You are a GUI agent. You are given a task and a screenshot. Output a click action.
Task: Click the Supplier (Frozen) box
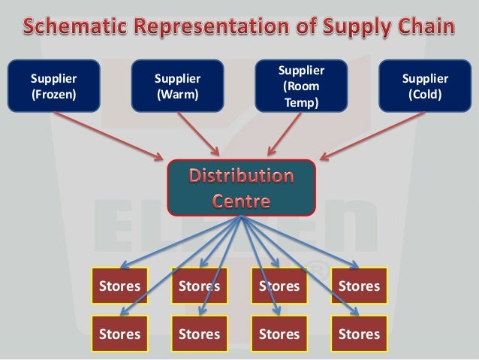53,86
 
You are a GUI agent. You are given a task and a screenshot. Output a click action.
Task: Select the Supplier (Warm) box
177,86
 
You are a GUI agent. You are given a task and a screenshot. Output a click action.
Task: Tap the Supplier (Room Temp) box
301,86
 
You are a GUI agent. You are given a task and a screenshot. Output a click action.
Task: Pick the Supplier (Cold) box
425,86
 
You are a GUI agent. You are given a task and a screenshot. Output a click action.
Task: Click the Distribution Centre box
240,188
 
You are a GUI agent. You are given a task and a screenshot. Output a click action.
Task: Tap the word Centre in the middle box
240,201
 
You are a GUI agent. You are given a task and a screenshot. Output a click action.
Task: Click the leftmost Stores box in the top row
119,286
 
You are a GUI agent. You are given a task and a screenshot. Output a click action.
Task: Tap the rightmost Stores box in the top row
359,286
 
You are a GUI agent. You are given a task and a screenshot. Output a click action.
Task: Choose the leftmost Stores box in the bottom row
119,334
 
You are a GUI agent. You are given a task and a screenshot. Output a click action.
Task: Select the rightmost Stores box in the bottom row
359,334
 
